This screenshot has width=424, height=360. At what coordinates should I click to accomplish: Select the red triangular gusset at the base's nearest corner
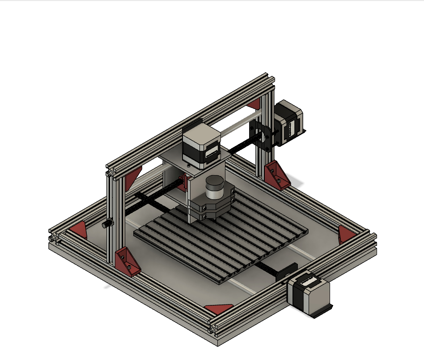[x=219, y=308]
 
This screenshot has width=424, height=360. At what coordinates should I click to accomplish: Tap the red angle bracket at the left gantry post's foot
[x=126, y=262]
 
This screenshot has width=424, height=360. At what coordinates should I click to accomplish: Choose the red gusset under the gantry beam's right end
[x=254, y=104]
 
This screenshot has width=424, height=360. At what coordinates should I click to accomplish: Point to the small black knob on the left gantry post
[x=107, y=224]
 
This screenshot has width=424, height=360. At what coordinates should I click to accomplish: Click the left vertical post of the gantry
[x=111, y=215]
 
